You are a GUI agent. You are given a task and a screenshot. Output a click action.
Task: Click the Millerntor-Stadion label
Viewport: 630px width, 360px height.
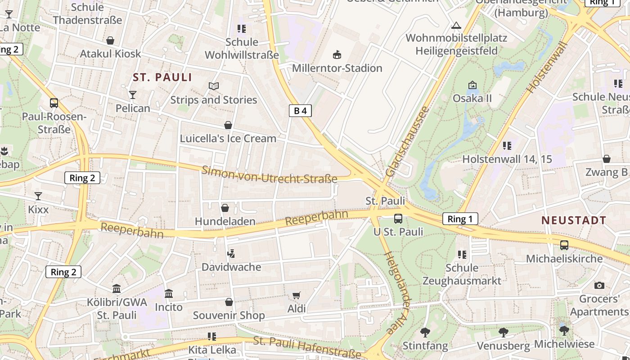[337, 68]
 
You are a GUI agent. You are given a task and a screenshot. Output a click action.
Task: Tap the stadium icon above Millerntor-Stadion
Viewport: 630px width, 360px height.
[337, 55]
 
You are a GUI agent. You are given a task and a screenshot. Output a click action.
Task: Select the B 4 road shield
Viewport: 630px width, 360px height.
[300, 111]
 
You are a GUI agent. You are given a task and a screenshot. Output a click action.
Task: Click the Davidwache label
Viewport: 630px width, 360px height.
[231, 267]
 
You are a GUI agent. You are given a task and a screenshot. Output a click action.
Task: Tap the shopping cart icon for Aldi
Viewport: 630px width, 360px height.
[296, 296]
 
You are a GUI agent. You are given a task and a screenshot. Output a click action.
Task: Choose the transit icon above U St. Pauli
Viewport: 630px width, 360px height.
[398, 219]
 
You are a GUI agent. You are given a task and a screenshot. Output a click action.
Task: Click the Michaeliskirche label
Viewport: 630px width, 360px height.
[564, 259]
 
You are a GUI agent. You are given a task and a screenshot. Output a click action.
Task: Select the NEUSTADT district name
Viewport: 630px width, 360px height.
[574, 220]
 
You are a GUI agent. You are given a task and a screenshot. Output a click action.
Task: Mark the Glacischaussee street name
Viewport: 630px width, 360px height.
[406, 141]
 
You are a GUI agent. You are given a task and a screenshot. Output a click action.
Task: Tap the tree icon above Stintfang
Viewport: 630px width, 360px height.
[425, 333]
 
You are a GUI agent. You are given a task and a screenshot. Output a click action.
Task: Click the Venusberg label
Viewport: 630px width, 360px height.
[503, 346]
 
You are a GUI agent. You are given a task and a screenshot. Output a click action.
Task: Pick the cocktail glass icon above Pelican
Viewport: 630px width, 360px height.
[133, 94]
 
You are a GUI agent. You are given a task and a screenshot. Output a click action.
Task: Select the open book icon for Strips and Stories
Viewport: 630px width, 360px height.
[214, 86]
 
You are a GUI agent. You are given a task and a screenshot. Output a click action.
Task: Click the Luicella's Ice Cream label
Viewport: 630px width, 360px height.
[228, 139]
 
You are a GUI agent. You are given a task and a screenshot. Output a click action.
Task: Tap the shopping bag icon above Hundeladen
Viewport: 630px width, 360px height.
[225, 208]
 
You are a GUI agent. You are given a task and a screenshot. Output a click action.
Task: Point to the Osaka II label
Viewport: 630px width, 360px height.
[472, 99]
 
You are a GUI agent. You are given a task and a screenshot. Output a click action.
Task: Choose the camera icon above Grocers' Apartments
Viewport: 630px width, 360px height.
[599, 285]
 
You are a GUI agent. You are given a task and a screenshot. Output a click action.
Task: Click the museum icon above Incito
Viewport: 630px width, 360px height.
[169, 294]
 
